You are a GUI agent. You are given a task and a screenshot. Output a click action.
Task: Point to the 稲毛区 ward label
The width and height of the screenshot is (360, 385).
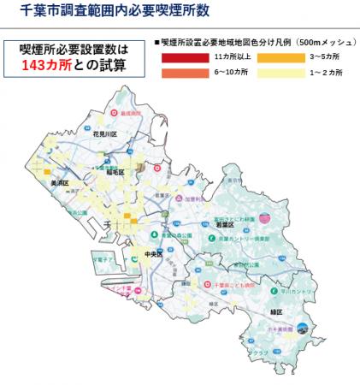coord(112,172)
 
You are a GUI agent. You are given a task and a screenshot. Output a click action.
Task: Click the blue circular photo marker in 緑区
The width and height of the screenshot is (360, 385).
coord(302,326)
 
